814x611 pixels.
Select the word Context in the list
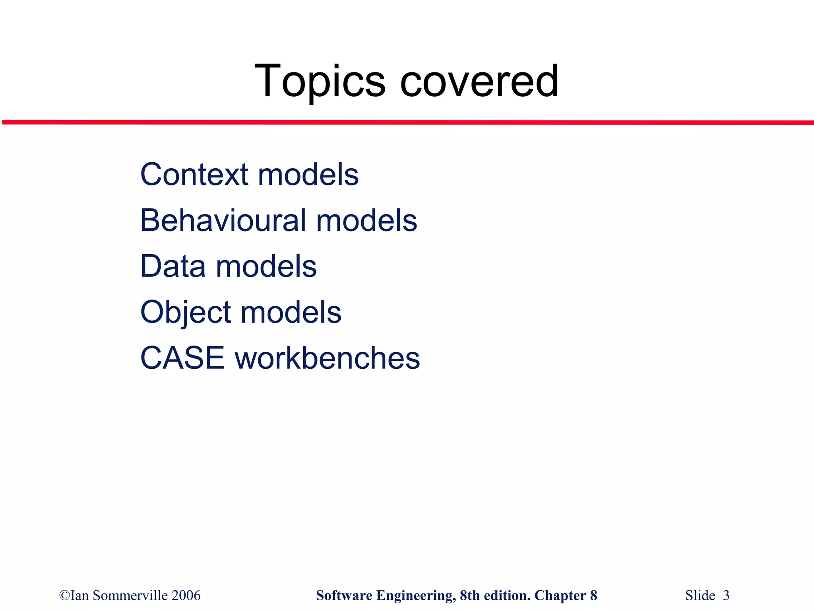(194, 175)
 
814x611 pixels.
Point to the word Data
(173, 266)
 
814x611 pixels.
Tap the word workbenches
(328, 358)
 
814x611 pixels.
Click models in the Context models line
(308, 175)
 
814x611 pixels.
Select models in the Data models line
(266, 266)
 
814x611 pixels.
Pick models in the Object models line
(291, 313)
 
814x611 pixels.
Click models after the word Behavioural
(366, 220)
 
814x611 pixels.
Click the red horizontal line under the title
(407, 123)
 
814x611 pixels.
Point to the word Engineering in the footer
(416, 595)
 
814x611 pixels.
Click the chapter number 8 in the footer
(593, 595)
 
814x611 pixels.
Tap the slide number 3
(726, 595)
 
